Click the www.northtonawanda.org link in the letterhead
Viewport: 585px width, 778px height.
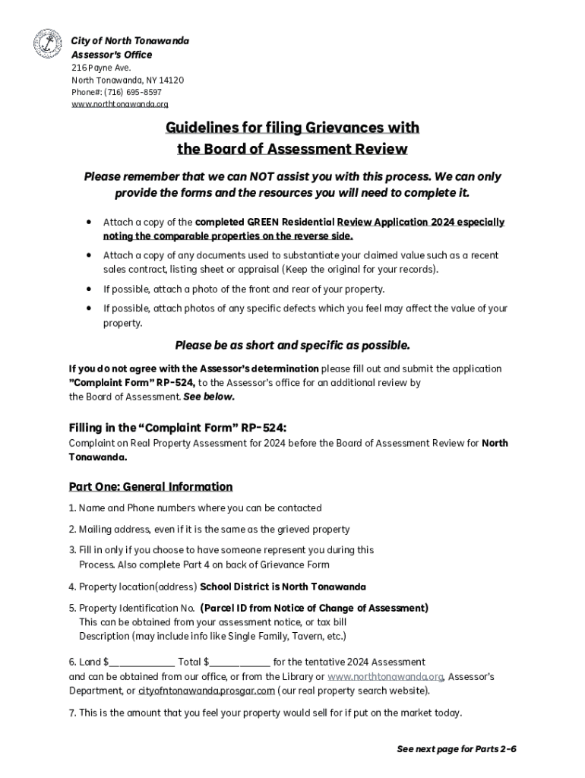coord(120,104)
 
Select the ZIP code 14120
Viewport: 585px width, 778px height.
coord(171,80)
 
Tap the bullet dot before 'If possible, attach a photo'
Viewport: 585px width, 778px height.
coord(89,289)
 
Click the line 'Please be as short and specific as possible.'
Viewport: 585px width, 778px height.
coord(292,345)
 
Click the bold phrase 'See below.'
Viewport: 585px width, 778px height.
coord(209,397)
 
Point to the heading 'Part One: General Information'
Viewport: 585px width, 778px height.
coord(150,486)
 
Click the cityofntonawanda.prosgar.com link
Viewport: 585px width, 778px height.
coord(206,691)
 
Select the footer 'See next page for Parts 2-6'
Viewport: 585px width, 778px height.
coord(457,749)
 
